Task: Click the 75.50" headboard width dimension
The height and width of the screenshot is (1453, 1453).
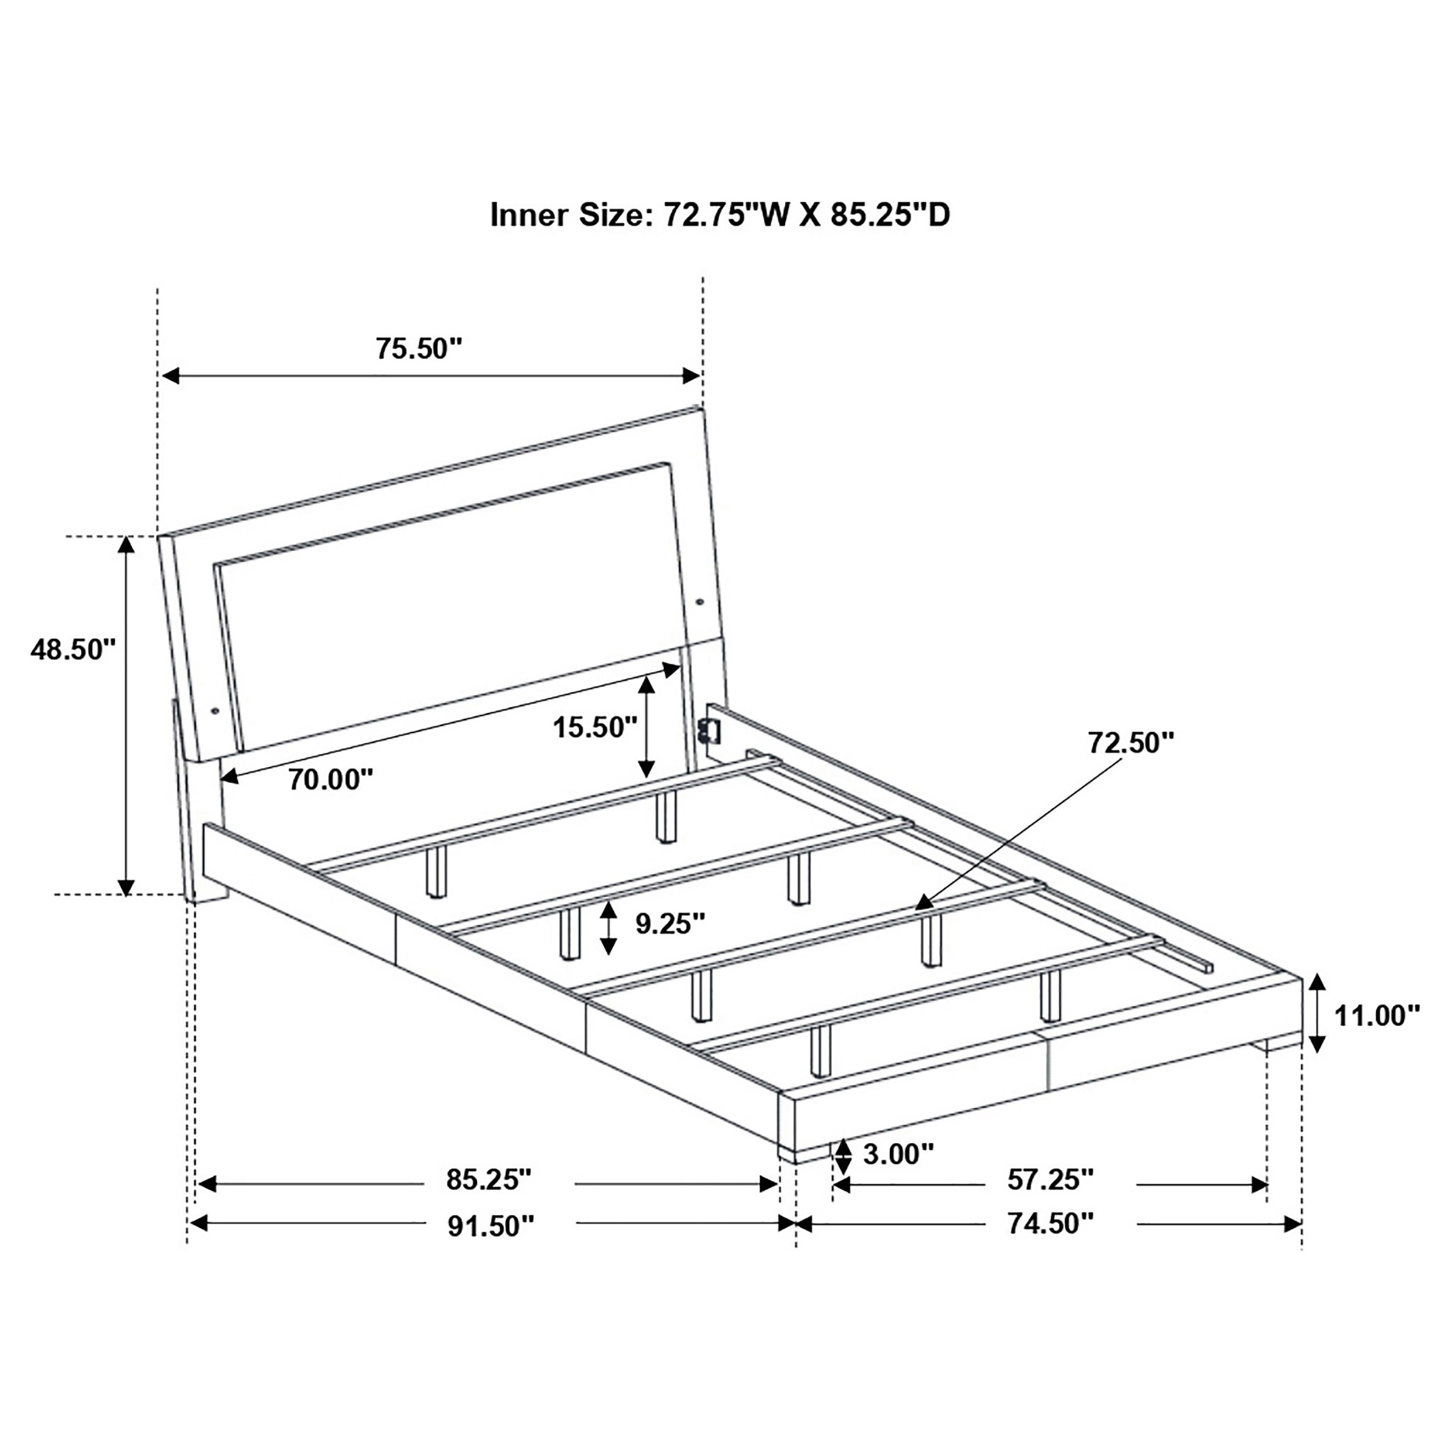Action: tap(418, 348)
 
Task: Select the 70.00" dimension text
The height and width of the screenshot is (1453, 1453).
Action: tap(331, 779)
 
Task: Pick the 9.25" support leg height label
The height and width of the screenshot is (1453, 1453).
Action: tap(670, 923)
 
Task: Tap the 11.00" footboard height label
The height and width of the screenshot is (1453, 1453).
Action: tap(1377, 1015)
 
